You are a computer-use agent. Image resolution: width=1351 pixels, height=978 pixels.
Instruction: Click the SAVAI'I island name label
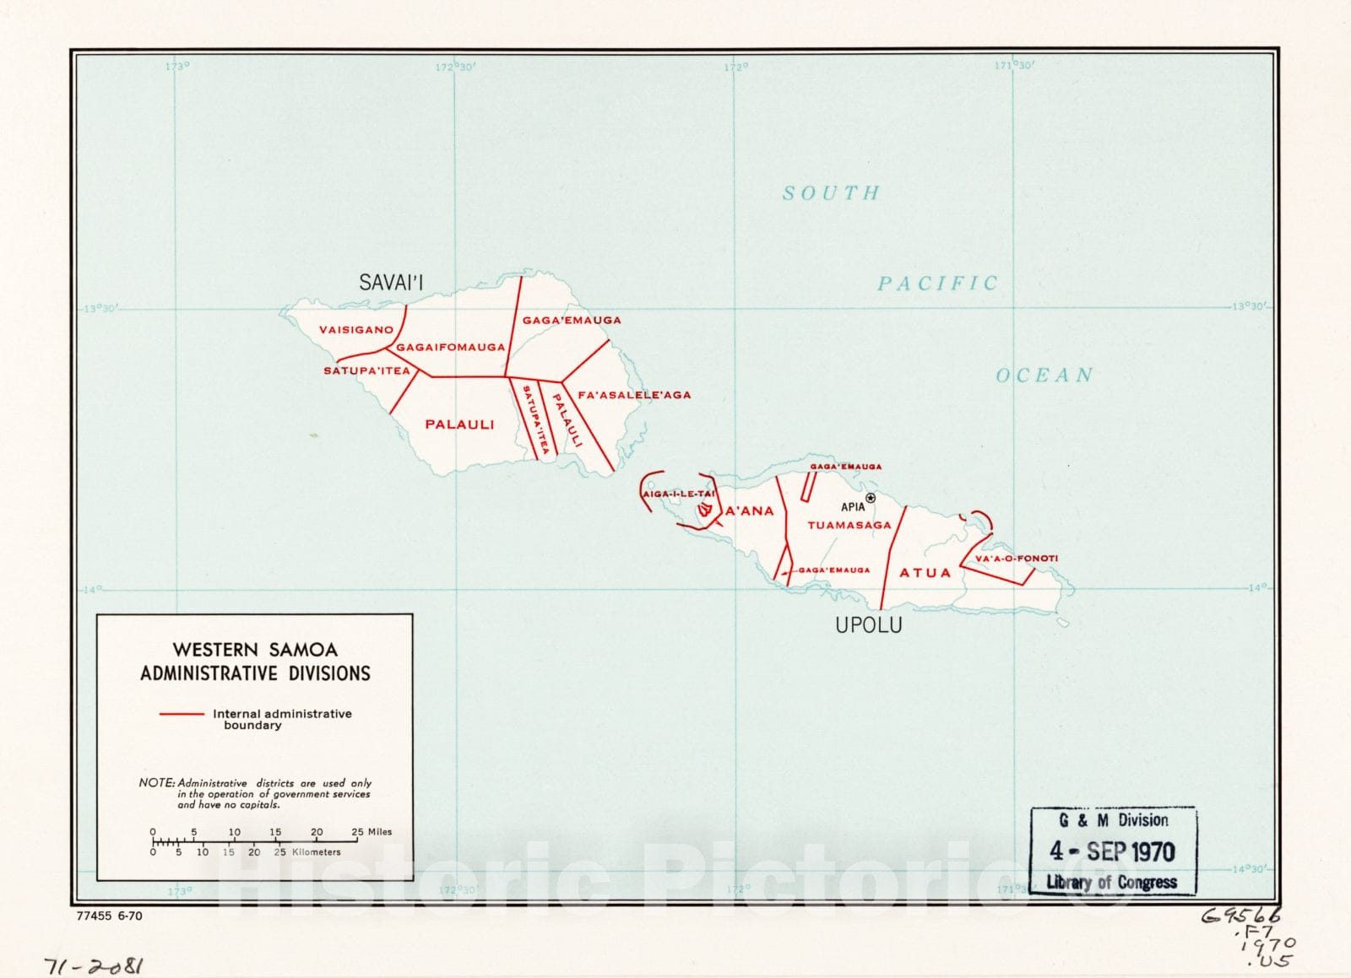pos(391,283)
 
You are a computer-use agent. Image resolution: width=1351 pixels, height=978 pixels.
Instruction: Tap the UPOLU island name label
pos(868,625)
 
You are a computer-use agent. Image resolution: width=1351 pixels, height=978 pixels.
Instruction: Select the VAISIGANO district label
pos(355,330)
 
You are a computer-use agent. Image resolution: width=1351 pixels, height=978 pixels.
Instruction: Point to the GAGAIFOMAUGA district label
pos(450,347)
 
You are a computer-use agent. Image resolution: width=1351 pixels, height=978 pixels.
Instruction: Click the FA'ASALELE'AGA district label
pos(634,395)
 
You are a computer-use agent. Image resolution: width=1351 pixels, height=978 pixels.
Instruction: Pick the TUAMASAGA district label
pos(849,525)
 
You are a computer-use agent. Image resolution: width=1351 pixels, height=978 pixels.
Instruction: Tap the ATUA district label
pos(925,573)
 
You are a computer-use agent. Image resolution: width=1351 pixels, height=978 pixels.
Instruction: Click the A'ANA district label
pos(749,511)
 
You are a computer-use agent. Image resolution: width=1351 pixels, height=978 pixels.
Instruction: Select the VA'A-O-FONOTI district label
pos(1016,559)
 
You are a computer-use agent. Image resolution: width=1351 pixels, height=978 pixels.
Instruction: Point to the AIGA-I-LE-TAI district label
pos(678,494)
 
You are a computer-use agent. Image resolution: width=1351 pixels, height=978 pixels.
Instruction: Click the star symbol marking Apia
pos(871,499)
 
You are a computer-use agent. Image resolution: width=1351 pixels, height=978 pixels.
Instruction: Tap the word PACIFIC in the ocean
pos(937,284)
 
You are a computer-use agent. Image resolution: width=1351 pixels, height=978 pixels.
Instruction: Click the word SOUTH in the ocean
pos(831,193)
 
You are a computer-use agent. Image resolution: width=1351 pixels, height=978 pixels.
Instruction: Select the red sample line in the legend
pos(182,714)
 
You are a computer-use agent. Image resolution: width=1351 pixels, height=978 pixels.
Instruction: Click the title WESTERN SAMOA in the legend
pos(255,650)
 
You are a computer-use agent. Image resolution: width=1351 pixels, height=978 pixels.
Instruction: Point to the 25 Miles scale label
pos(372,832)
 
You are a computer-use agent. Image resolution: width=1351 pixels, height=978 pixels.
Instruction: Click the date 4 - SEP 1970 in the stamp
pos(1112,851)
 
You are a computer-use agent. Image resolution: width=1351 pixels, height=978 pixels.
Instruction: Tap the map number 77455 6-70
pos(109,916)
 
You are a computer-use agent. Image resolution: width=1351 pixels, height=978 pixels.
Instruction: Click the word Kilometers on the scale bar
pos(316,852)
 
